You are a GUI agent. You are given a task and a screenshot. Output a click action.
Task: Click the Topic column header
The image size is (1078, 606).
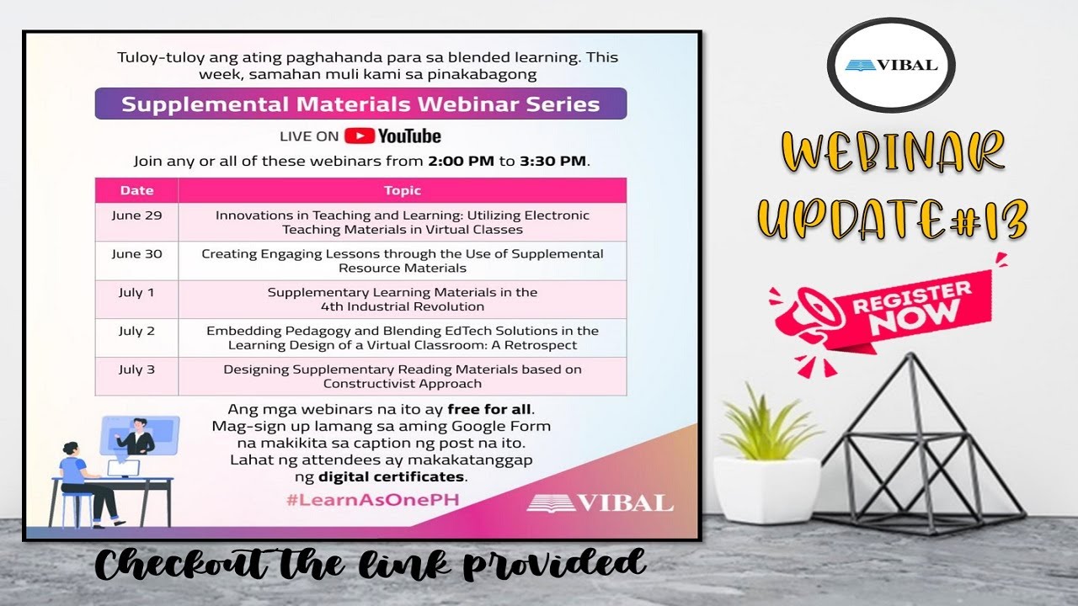tap(402, 190)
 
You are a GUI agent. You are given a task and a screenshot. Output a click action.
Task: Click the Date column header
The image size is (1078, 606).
tap(136, 190)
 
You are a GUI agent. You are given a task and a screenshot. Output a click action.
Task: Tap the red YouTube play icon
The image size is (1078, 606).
tap(359, 136)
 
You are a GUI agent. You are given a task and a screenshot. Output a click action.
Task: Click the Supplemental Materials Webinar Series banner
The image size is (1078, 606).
tap(360, 104)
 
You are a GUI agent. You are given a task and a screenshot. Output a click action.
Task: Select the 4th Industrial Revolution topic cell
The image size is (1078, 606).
tap(402, 300)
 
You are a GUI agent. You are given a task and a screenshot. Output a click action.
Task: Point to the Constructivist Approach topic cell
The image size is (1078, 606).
tap(402, 376)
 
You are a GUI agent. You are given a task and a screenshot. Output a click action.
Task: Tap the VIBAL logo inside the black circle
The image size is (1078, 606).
tap(891, 66)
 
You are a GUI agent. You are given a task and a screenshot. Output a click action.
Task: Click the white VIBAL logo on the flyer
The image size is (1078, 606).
tap(600, 503)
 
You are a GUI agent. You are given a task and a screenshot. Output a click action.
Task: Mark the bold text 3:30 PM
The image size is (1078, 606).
tap(552, 161)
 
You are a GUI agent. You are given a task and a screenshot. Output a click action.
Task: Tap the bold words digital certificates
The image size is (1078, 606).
tap(392, 477)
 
